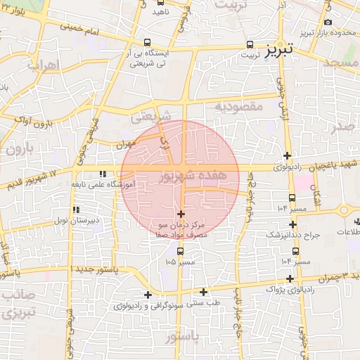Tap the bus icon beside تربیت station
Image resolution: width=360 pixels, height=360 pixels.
(250, 44)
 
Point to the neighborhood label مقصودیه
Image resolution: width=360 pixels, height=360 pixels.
(238, 106)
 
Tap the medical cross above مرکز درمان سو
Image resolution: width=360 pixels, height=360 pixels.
(181, 214)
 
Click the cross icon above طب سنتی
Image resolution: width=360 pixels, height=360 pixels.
(204, 292)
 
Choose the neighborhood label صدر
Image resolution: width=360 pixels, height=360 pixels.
(343, 126)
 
